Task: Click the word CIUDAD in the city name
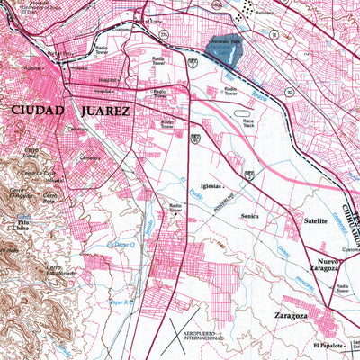click(38, 111)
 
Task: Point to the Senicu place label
click(249, 216)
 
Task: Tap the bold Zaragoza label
click(289, 317)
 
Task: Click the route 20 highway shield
click(194, 137)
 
